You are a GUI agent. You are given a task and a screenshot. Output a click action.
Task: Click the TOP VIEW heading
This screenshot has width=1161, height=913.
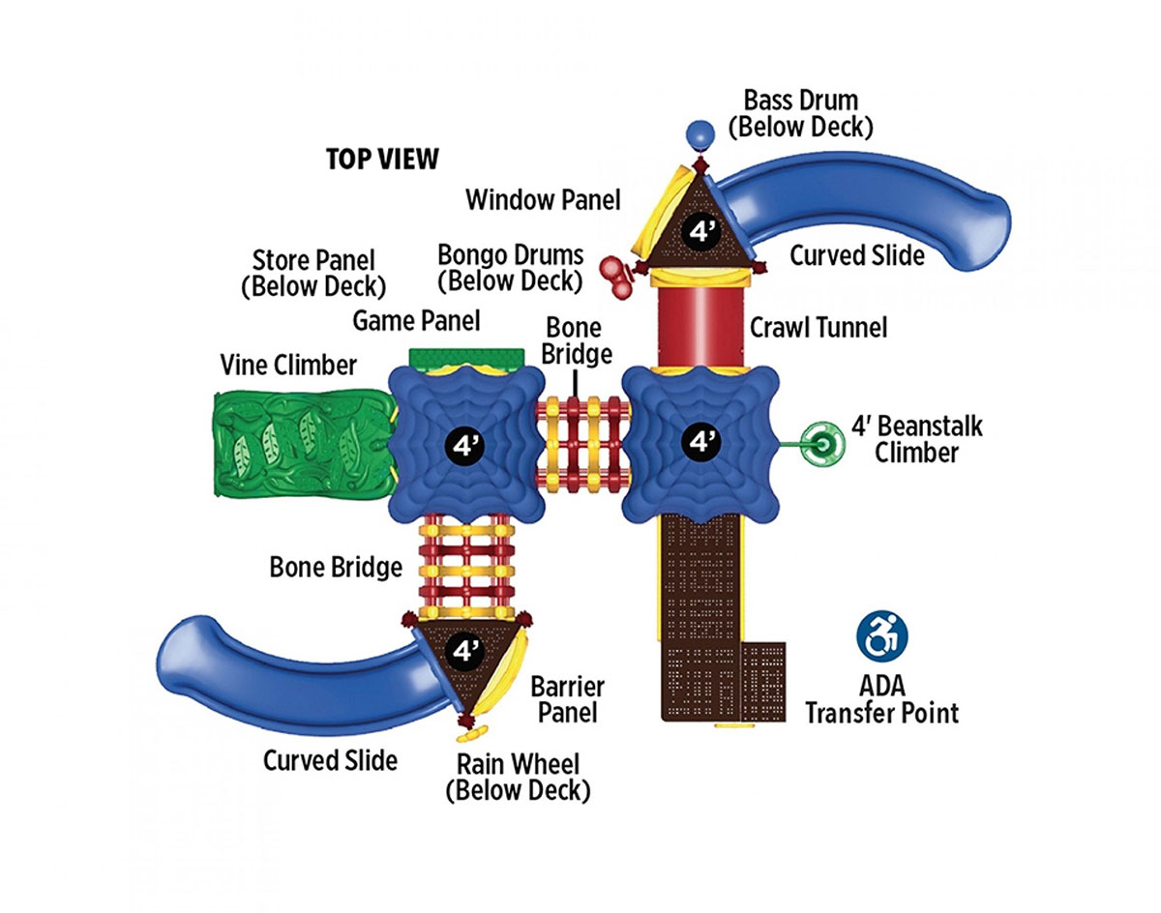[x=382, y=159]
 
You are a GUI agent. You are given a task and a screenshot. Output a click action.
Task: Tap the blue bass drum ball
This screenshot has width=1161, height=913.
[x=700, y=134]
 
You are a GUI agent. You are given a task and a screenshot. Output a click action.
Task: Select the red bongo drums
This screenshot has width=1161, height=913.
[x=616, y=276]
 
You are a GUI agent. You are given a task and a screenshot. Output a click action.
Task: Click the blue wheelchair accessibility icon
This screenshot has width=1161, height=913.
[x=882, y=635]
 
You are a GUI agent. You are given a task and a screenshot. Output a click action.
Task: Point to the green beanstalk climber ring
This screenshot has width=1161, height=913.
[x=821, y=444]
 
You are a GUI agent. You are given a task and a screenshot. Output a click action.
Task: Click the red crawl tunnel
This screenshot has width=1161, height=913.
[x=700, y=327]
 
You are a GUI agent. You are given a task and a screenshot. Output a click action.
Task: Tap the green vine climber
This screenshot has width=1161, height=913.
[x=303, y=443]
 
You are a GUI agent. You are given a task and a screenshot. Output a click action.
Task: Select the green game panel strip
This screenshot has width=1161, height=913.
[x=466, y=358]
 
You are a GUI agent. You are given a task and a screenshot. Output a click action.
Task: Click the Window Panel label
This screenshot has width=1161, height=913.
[x=544, y=200]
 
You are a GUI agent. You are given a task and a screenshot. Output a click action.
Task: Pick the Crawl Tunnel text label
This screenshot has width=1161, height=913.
[x=819, y=327]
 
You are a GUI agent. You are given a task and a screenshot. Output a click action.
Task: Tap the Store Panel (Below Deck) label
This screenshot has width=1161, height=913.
[x=313, y=274]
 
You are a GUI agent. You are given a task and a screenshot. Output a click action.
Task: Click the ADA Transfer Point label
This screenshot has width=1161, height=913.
[x=882, y=699]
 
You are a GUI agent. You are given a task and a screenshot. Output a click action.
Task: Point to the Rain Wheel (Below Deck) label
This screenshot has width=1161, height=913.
[x=518, y=778]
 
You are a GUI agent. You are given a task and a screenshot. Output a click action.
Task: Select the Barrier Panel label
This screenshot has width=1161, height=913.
[x=568, y=699]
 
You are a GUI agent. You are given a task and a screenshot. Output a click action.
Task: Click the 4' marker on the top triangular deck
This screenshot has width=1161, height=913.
[x=700, y=231]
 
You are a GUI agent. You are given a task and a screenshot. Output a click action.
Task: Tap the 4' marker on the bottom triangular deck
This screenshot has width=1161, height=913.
[x=465, y=652]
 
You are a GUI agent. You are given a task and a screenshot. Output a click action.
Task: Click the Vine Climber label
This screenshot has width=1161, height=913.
[x=288, y=365]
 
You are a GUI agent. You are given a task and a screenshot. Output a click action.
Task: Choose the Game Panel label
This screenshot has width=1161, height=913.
[x=416, y=321]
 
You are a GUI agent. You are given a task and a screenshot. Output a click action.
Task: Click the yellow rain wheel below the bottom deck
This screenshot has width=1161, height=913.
[x=472, y=734]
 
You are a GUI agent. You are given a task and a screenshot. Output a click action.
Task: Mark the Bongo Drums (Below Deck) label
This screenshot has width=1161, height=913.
[x=511, y=268]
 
